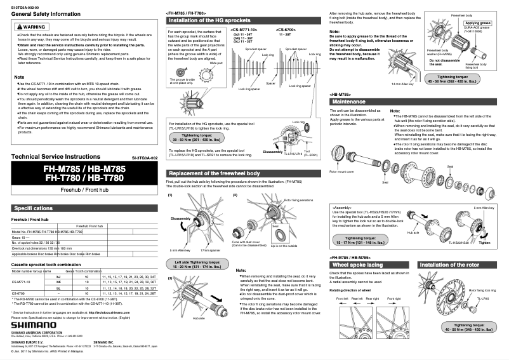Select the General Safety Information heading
(x=41, y=13)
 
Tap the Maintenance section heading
(x=350, y=102)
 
